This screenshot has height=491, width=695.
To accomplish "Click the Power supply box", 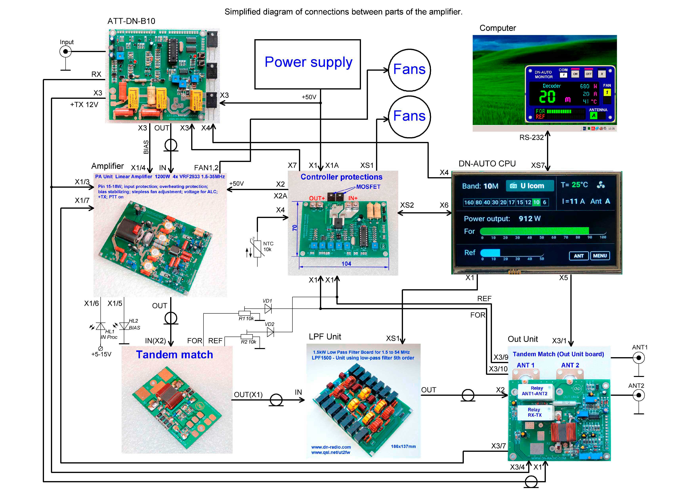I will point(307,64).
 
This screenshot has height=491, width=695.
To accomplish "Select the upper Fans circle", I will point(409,70).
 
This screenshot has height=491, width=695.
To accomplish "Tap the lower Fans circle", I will point(409,116).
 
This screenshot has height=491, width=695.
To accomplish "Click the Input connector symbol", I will point(65,52).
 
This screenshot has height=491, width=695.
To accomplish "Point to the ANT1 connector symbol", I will point(639,358).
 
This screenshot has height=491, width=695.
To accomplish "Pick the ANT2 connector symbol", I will point(639,395).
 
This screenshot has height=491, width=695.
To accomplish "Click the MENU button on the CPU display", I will point(600,256).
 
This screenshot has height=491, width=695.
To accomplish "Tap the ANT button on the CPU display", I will point(579,256).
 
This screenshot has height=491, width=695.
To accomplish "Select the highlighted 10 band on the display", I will point(536,202).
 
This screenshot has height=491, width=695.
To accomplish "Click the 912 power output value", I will point(526,218).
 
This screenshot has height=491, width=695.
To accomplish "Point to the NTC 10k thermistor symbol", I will point(257,249).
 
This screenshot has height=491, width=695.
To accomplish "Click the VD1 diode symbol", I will point(268,309).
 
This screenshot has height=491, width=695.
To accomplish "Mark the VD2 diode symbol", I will point(270,332).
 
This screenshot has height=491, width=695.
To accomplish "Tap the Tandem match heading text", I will point(174,355).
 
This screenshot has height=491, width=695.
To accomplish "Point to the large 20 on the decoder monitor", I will point(547,97).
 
